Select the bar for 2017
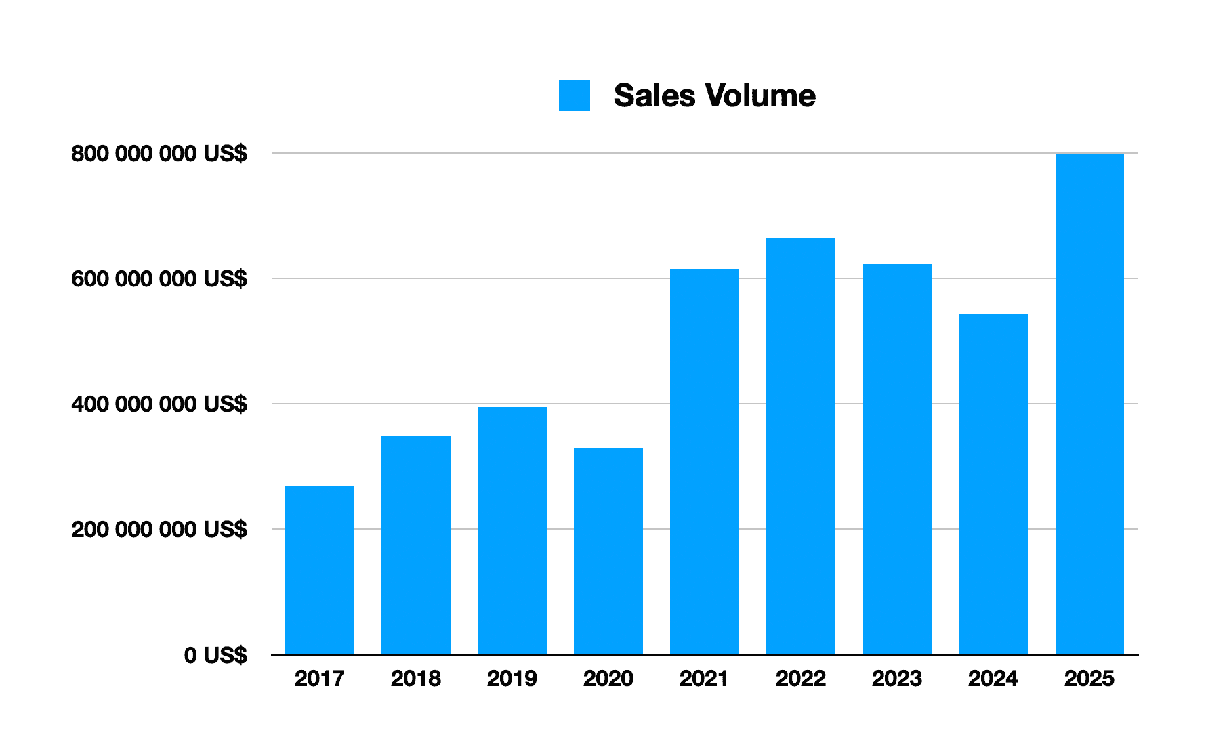(320, 570)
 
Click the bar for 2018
(416, 545)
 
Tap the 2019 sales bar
(512, 530)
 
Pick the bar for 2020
(608, 551)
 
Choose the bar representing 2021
(705, 461)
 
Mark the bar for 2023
(897, 459)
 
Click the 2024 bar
(993, 484)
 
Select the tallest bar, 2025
(1089, 404)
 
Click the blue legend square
(575, 95)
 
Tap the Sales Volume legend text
(714, 95)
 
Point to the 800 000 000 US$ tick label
(159, 154)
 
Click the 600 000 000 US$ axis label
(159, 278)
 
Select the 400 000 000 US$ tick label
(159, 404)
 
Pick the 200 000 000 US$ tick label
(159, 529)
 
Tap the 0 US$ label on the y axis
(215, 655)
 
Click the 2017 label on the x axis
(320, 678)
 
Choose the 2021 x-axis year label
(705, 678)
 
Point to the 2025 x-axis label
(1089, 678)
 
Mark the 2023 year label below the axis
(897, 678)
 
